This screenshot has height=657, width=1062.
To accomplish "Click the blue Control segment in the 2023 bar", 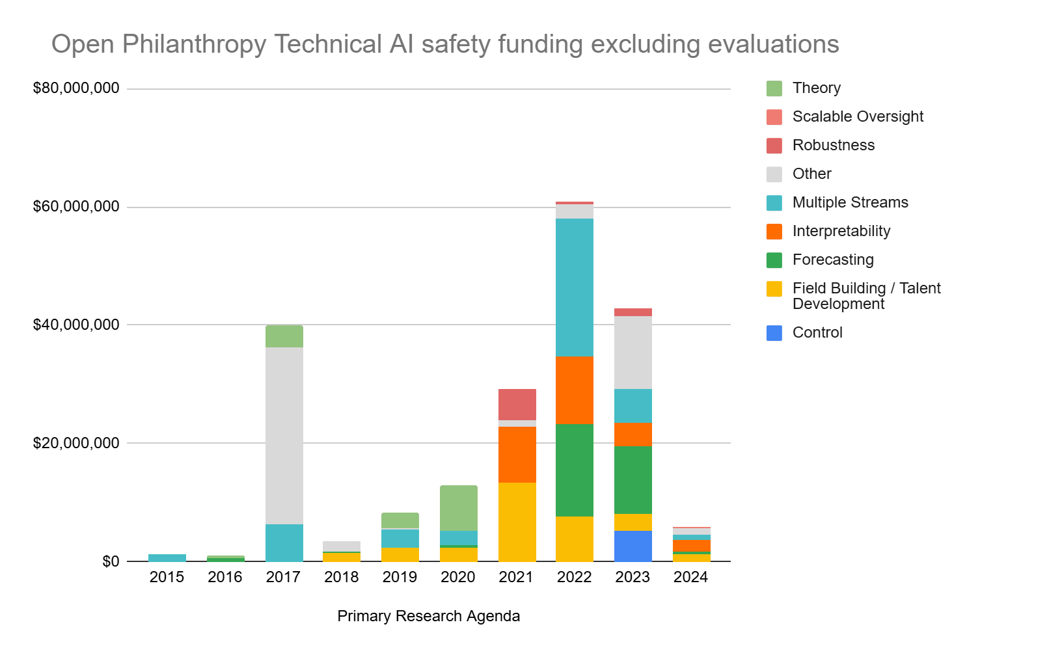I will [633, 546].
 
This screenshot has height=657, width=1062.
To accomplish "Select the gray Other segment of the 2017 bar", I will [284, 435].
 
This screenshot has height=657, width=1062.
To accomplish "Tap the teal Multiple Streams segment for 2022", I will [574, 287].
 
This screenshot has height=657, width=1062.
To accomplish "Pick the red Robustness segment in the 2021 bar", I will [517, 404].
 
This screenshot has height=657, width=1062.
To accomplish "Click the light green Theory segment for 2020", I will [458, 507].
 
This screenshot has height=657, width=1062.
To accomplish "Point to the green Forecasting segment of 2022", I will [574, 470].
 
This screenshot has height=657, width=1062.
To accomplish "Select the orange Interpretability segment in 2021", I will [517, 454].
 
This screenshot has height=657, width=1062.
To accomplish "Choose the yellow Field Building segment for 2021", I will [517, 522].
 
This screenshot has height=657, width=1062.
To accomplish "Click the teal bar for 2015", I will [167, 557].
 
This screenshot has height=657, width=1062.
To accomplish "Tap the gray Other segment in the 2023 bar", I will [633, 352].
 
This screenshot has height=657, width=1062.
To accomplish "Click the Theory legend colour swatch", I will [774, 88].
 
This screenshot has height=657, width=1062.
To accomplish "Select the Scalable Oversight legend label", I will [857, 116].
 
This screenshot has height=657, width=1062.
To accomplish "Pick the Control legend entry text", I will [817, 332].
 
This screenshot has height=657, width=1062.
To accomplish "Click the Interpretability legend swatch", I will [774, 232].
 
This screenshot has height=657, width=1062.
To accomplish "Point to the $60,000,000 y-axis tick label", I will [76, 207].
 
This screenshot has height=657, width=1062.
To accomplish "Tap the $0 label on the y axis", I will [111, 561].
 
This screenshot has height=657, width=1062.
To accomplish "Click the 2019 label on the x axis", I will [400, 577].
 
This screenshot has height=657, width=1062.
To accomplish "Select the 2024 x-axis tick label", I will [690, 577].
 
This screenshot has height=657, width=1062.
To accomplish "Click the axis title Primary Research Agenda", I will [428, 616].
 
